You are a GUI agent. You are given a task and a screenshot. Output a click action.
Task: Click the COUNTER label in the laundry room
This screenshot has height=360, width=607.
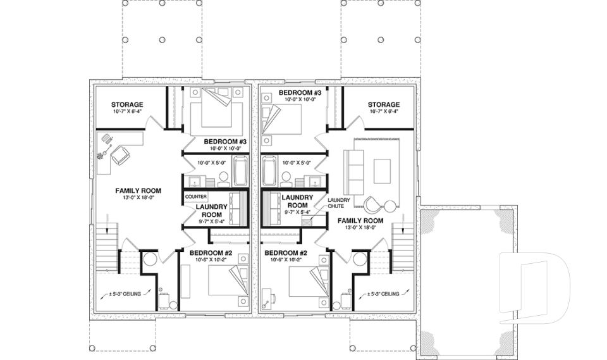[196, 197]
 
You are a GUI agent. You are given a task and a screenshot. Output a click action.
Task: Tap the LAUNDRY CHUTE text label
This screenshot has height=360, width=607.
[335, 202]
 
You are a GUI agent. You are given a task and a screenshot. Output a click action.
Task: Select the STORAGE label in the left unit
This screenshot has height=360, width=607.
[127, 104]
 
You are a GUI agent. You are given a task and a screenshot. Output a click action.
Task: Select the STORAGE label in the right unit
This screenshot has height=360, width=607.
[384, 104]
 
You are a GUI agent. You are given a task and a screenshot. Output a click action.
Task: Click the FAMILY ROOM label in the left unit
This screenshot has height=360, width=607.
[137, 190]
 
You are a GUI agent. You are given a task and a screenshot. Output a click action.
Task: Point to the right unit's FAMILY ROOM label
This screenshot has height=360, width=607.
[360, 221]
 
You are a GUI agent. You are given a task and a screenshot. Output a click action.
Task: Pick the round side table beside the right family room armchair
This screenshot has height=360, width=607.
[389, 204]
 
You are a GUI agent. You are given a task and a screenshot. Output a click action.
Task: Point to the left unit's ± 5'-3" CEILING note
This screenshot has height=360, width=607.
[123, 294]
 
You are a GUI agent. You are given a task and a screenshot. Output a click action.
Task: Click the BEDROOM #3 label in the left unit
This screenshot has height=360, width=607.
[224, 141]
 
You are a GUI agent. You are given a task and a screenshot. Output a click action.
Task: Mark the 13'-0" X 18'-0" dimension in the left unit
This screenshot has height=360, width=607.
[137, 198]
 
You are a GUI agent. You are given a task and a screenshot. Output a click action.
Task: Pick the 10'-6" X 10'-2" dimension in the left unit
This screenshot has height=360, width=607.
[211, 259]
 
